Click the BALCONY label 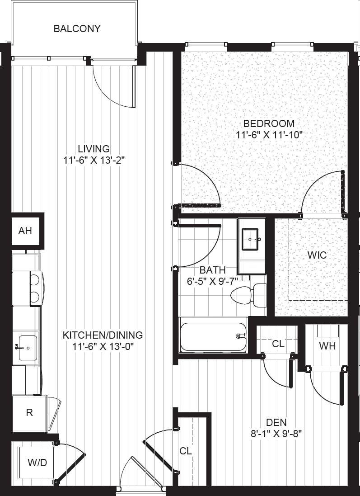tap(77, 29)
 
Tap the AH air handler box tap(25, 231)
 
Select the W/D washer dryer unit tap(37, 463)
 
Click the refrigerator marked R tap(29, 412)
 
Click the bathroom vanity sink tap(251, 239)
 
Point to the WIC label tap(317, 255)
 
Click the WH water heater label tap(327, 346)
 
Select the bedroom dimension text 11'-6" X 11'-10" tap(268, 134)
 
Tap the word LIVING tap(94, 148)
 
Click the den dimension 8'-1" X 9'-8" tap(277, 434)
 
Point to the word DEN tap(276, 422)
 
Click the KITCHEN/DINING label tap(103, 335)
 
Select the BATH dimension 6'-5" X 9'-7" tap(212, 281)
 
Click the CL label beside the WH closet tap(278, 344)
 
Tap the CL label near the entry tap(186, 451)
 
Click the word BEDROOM tap(269, 123)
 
